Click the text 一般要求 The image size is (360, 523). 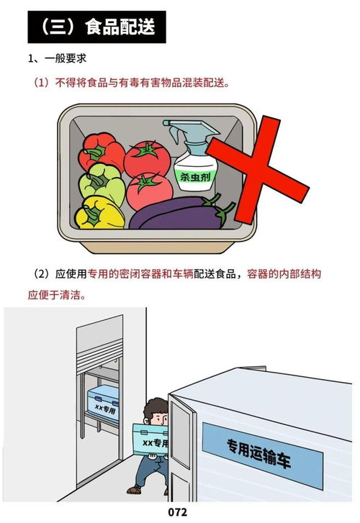(68, 58)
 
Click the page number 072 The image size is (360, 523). (178, 512)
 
